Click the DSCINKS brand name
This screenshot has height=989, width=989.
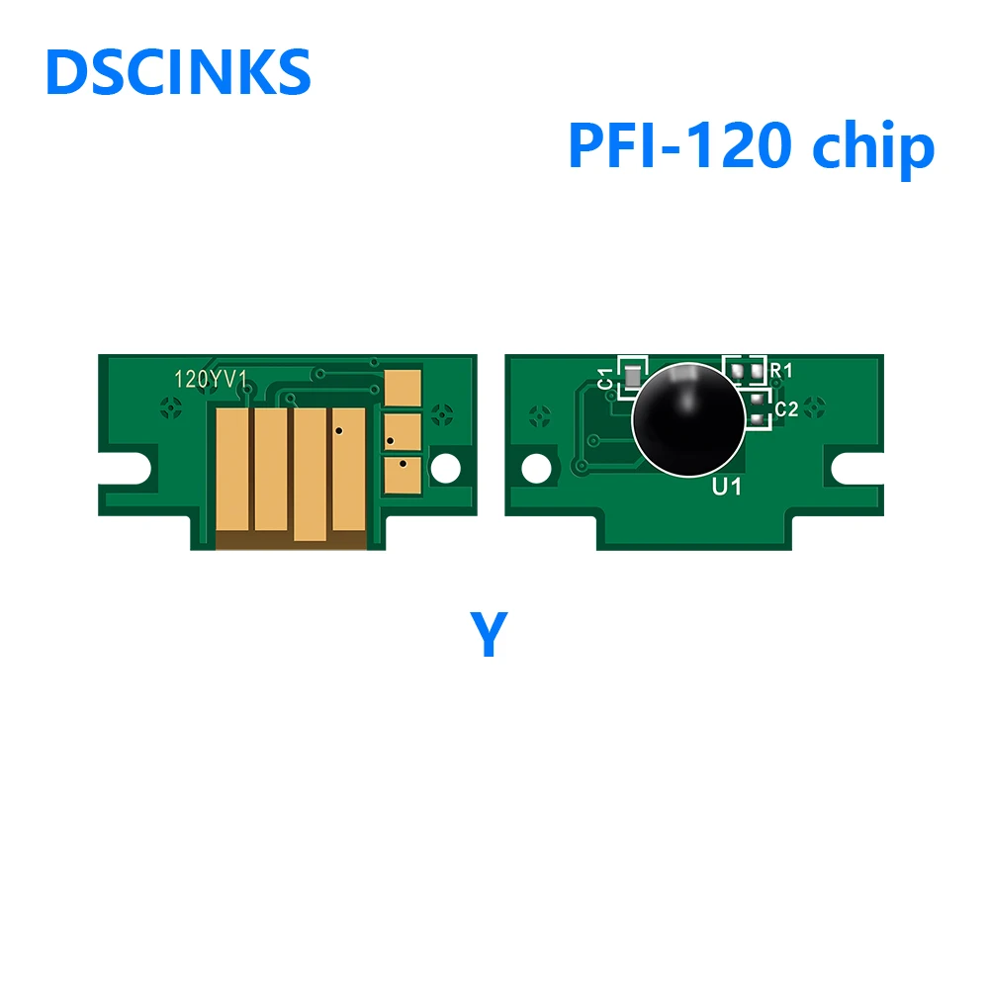[178, 72]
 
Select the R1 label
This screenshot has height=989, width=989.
[782, 370]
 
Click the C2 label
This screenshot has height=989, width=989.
[785, 407]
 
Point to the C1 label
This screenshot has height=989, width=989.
[605, 377]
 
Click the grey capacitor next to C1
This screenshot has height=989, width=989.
[630, 377]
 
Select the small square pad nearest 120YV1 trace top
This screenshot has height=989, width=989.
[402, 385]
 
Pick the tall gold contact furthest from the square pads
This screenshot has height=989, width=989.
[231, 469]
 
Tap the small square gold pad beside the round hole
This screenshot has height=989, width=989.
[402, 470]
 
